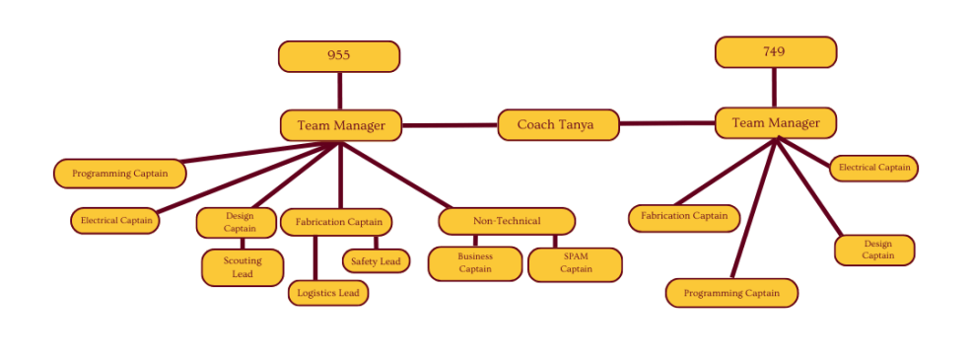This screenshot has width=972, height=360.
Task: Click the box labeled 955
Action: tap(339, 56)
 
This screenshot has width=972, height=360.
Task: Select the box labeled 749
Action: tap(775, 52)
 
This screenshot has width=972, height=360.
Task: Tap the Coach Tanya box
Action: tap(558, 125)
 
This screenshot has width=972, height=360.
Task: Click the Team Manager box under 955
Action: tap(340, 125)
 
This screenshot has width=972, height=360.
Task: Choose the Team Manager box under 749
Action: tap(775, 123)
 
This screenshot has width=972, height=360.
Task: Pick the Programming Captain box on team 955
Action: tap(119, 174)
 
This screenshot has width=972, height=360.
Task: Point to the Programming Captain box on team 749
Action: tap(731, 293)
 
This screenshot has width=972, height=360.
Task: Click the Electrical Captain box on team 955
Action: tap(116, 220)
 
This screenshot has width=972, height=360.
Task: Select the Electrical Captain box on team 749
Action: tap(873, 169)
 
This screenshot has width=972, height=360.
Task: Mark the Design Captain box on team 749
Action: tap(874, 250)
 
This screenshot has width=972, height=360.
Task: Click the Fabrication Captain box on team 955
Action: tap(336, 222)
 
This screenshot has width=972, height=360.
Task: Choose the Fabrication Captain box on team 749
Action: tap(684, 217)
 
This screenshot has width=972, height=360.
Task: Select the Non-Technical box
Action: tap(507, 221)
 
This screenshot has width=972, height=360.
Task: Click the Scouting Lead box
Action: tap(243, 267)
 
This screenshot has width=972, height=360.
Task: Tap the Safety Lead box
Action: tap(376, 261)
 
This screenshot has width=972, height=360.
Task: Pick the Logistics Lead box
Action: tap(329, 292)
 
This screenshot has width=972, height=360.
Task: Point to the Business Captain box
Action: tap(475, 263)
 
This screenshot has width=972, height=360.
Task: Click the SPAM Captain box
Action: tap(575, 264)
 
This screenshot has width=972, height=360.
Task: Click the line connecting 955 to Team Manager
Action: tap(340, 91)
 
